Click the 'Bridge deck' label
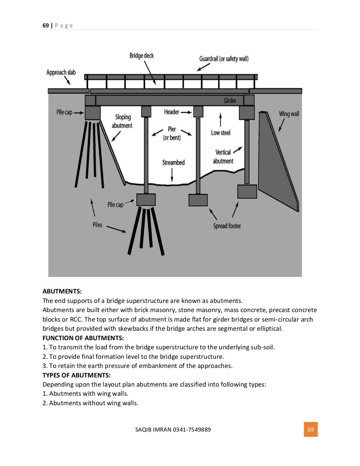141,56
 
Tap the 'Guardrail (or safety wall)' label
224,59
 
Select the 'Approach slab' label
61,72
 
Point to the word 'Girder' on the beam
230,101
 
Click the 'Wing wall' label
289,114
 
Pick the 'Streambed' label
173,162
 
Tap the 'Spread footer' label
227,226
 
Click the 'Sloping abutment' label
122,121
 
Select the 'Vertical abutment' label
223,157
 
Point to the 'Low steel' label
221,132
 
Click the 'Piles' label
97,225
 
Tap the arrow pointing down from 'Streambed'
172,175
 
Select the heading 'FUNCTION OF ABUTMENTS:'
83,338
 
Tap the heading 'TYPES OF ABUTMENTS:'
76,375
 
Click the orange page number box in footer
311,429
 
